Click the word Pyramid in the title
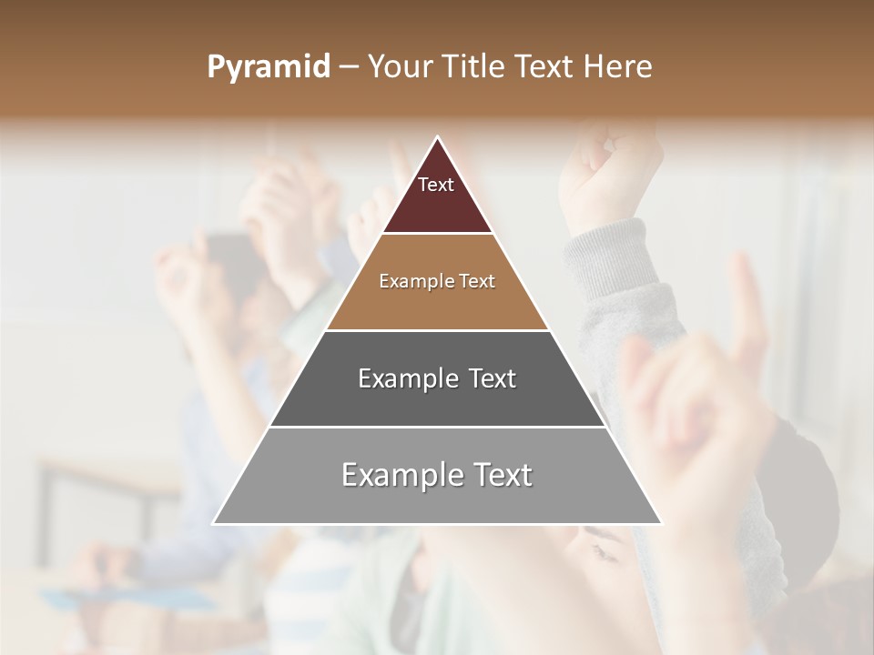pos(269,67)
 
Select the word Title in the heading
pos(474,67)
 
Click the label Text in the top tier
pos(436,185)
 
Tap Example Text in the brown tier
pos(437,281)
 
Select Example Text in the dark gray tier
pos(437,378)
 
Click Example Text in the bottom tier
pos(437,475)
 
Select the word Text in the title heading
pos(546,67)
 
